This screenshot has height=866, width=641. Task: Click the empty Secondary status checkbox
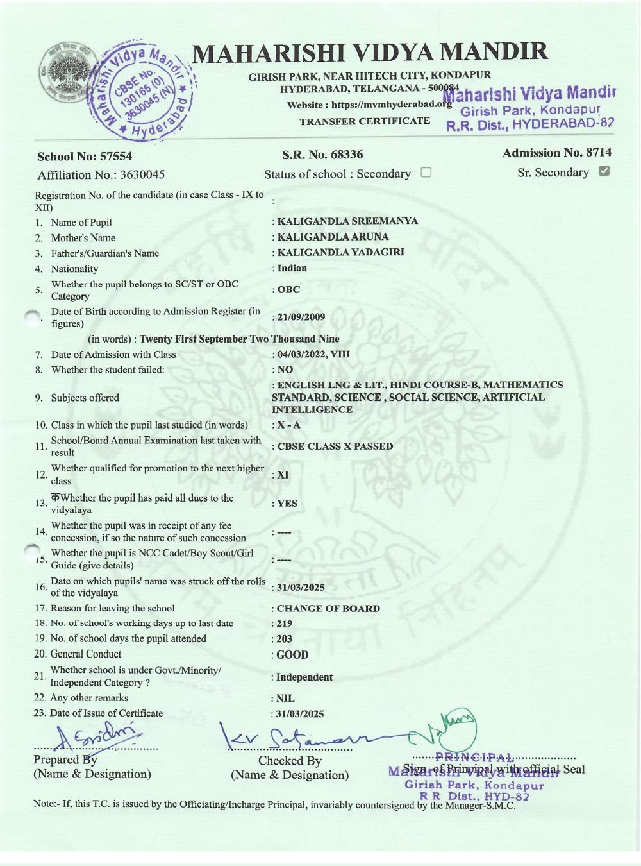point(426,173)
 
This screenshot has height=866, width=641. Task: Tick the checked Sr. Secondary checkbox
point(603,171)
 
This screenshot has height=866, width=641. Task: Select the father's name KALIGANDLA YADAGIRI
point(340,252)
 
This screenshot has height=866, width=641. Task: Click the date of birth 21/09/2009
point(301,317)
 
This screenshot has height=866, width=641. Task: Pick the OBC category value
point(288,289)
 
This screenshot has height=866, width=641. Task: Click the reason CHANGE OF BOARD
point(328,608)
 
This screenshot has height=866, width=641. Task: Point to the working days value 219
point(284,624)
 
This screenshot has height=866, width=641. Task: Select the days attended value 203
point(284,639)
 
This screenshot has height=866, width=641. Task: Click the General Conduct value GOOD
point(292,655)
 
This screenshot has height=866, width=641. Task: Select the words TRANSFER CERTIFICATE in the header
point(365,121)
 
